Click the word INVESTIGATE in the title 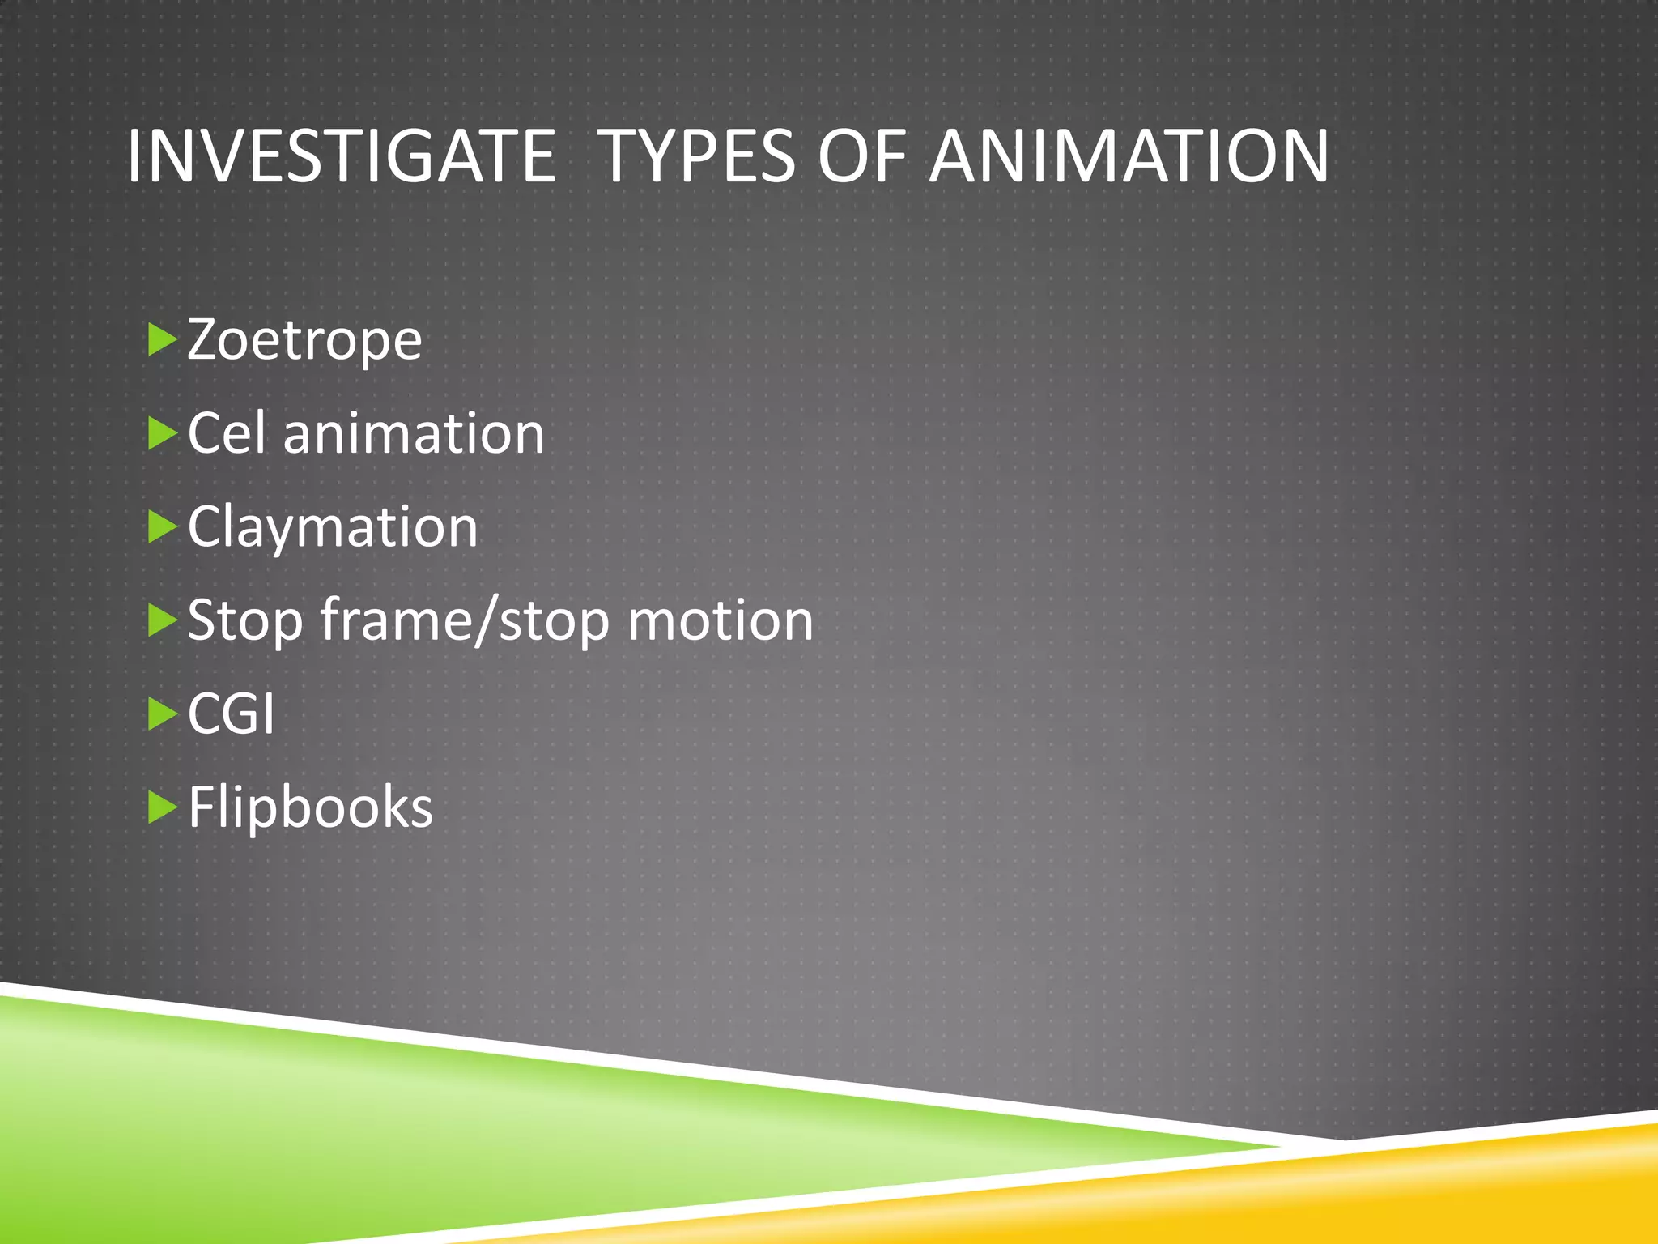[341, 156]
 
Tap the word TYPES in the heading [699, 156]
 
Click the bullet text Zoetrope [304, 340]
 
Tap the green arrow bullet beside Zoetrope [162, 340]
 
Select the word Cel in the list [227, 433]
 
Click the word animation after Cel [414, 433]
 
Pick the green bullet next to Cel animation [162, 434]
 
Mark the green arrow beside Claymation [162, 527]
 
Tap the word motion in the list [721, 621]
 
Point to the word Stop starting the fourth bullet [244, 621]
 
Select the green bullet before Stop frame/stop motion [162, 620]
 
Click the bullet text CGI [232, 714]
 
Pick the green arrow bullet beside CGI [162, 714]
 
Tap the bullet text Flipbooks [311, 807]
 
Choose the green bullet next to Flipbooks [162, 807]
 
